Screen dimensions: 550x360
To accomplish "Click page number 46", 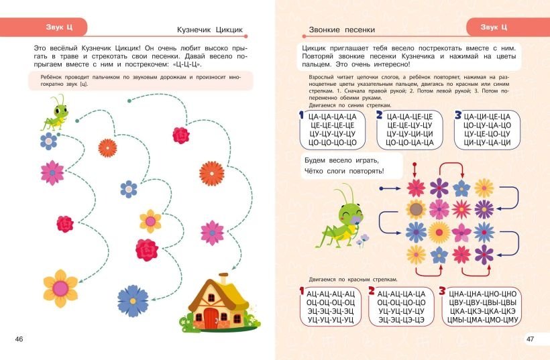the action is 19,339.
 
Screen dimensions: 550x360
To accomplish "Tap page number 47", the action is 530,339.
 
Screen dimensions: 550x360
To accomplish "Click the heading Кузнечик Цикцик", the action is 210,29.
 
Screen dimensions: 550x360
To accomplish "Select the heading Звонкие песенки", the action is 341,29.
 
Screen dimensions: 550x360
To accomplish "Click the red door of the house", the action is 211,318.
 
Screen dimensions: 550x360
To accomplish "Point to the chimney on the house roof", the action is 223,279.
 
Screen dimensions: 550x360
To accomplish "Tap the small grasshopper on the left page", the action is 56,112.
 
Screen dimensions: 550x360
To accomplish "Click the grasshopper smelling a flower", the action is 342,217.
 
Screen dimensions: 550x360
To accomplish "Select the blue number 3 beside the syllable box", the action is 458,115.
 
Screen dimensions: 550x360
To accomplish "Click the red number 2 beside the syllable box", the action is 372,290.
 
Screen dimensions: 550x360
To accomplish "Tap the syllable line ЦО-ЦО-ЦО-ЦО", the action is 333,143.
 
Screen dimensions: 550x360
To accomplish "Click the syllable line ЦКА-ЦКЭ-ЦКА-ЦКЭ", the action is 483,311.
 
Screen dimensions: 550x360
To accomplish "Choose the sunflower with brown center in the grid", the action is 416,210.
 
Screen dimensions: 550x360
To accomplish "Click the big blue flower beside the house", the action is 133,301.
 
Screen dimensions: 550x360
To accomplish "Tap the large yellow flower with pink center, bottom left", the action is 60,288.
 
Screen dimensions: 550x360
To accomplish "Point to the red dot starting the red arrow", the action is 415,164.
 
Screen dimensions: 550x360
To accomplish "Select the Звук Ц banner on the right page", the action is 494,27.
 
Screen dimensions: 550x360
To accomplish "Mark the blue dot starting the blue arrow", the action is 381,188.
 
